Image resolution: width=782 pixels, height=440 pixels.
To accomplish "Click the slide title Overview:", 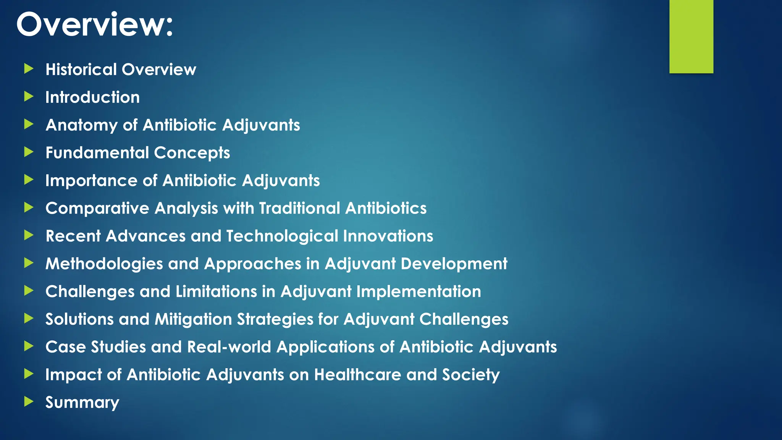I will [95, 24].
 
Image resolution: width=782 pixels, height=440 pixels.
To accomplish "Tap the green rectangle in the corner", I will [691, 36].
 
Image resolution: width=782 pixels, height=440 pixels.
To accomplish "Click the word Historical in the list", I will [81, 70].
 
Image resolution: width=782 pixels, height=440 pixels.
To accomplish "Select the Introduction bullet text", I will [92, 97].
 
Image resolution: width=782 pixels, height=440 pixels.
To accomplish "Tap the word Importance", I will [91, 181].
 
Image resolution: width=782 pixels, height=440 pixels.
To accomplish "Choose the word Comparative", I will [97, 209].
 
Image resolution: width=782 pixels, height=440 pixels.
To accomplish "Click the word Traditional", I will [299, 209].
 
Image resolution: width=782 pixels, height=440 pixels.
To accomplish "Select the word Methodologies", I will [104, 264].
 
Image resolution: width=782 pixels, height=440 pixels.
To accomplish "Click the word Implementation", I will [418, 292].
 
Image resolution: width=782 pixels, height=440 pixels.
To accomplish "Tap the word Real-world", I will [229, 347].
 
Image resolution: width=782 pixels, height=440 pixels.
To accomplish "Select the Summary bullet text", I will [82, 403].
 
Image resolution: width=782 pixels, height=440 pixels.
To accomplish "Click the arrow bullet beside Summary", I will [29, 401].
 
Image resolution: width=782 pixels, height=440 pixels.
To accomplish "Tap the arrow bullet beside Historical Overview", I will [29, 69].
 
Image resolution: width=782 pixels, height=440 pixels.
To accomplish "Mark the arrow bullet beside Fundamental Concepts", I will [29, 152].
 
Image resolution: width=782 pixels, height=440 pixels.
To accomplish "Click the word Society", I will [471, 375].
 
